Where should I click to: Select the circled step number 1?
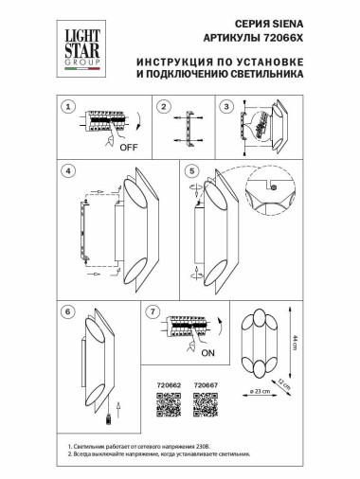[x=68, y=106]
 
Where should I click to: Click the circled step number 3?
[x=228, y=106]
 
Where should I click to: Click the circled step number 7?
[x=153, y=310]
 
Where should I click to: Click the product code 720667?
[x=206, y=384]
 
